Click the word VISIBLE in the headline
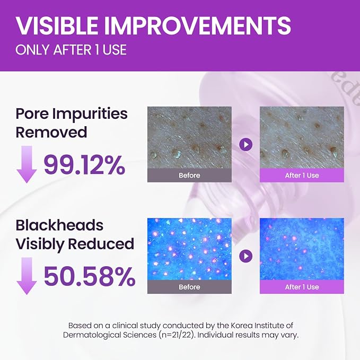[x=57, y=25]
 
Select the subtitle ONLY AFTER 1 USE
[x=71, y=50]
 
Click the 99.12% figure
[x=84, y=165]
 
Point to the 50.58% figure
[x=89, y=276]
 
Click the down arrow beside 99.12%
[x=27, y=164]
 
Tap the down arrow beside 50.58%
[x=27, y=276]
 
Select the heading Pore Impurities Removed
[x=72, y=123]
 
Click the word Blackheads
[x=59, y=225]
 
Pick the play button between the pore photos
[x=245, y=145]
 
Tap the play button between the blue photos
[x=245, y=256]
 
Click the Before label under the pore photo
[x=189, y=175]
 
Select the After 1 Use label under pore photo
[x=302, y=175]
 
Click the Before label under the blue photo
[x=189, y=287]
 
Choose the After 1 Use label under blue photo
[x=302, y=287]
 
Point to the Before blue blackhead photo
[x=189, y=249]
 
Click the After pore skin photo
[x=302, y=137]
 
